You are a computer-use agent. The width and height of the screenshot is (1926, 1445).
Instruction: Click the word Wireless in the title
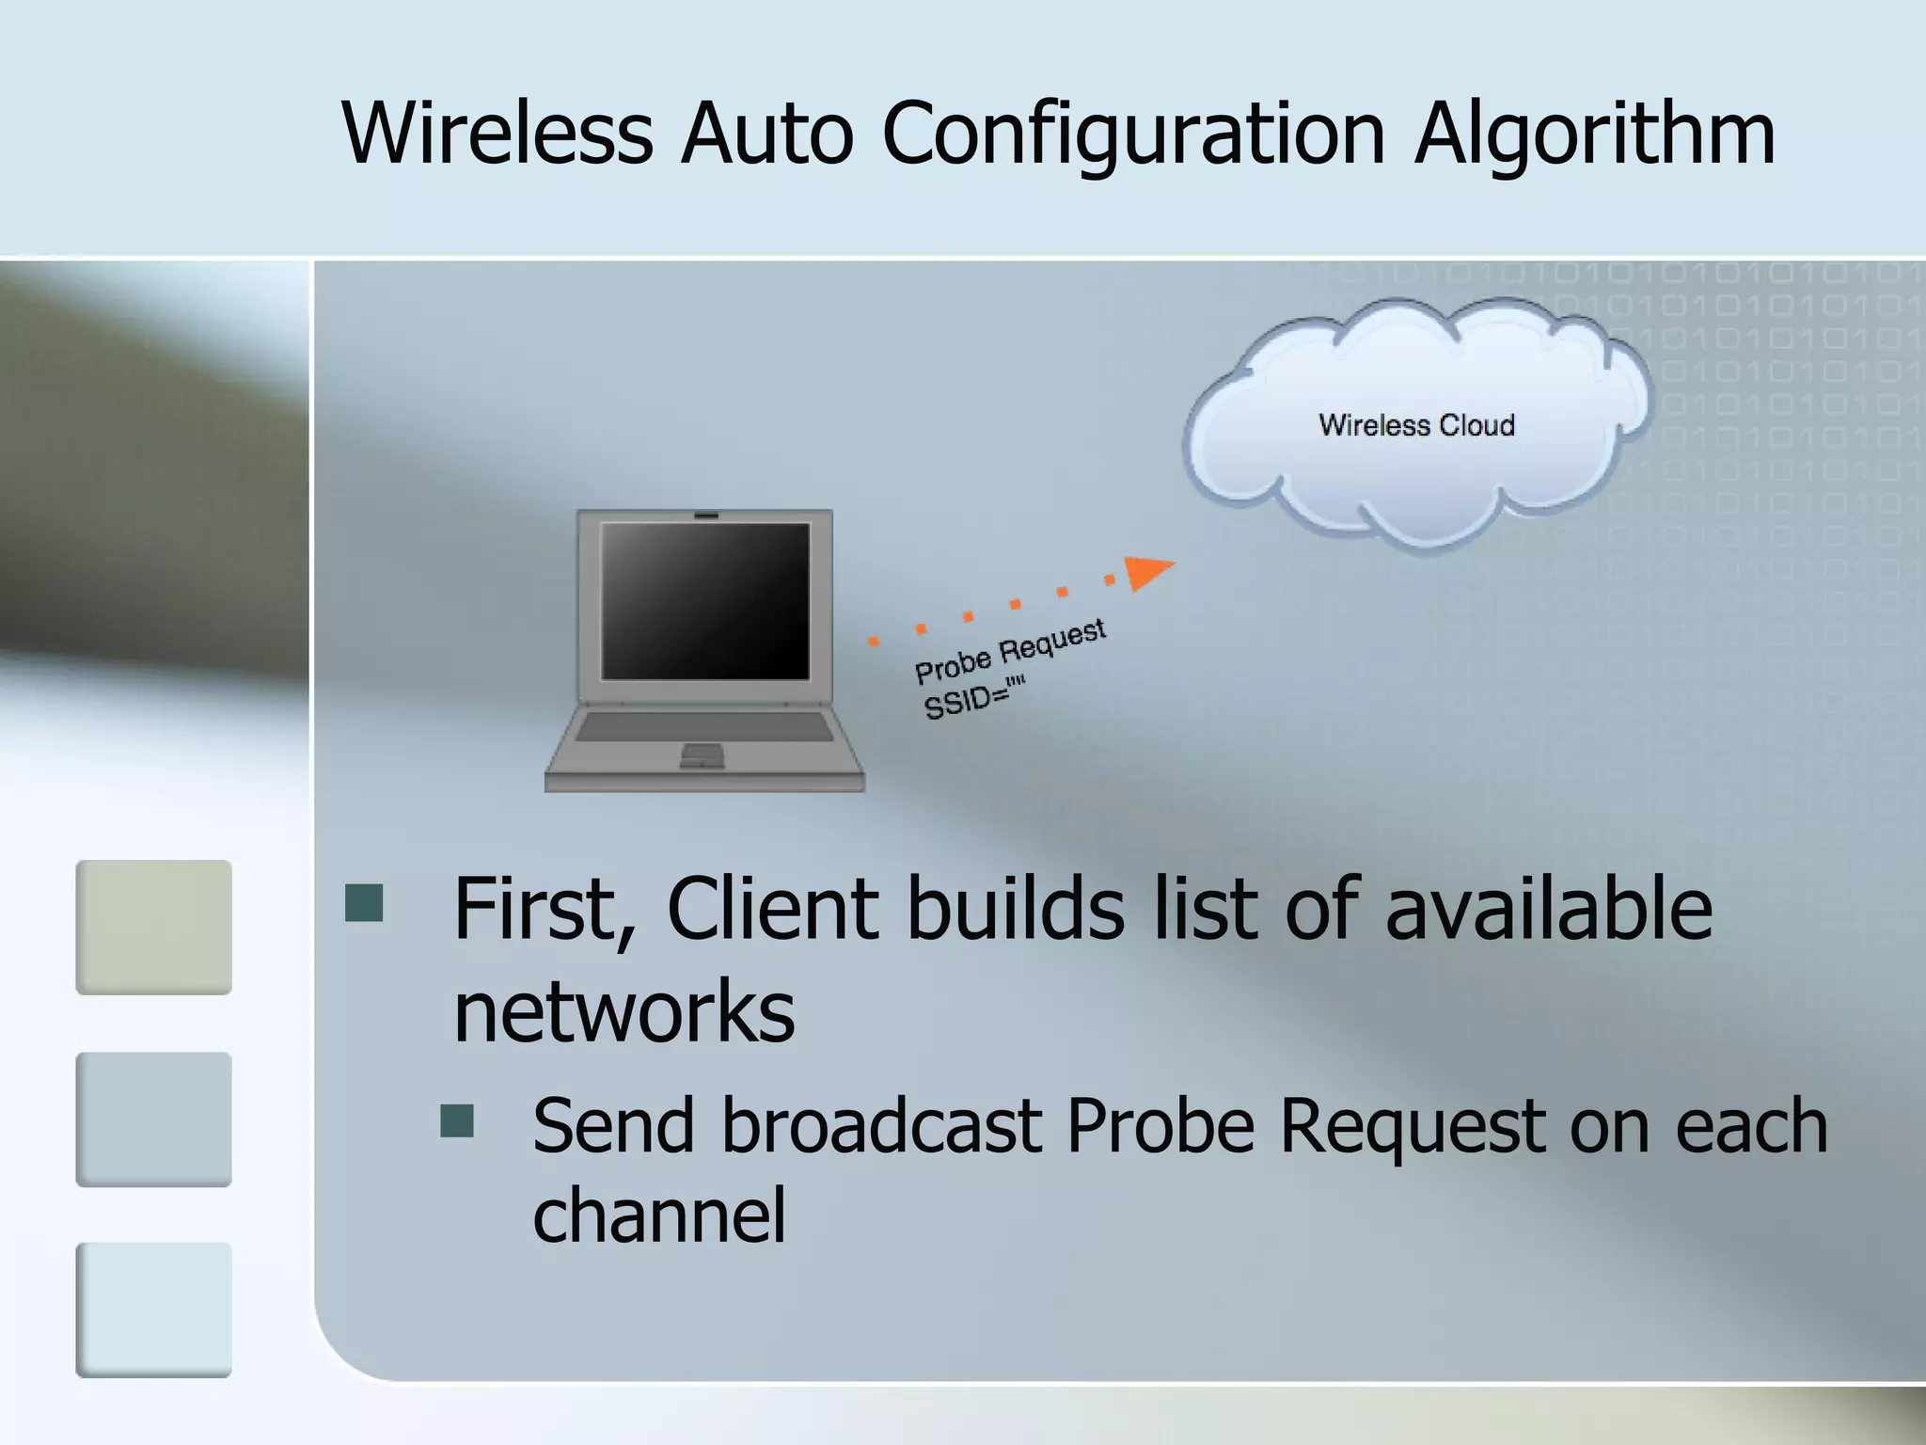click(497, 134)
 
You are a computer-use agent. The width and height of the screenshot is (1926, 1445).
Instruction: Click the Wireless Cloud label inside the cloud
click(1416, 425)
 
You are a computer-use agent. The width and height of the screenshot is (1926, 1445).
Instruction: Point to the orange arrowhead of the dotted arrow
click(1148, 571)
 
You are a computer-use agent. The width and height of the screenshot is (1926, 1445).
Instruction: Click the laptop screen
click(705, 600)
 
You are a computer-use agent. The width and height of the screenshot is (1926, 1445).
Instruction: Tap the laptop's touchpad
click(702, 754)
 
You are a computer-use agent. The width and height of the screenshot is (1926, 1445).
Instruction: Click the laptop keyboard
click(704, 726)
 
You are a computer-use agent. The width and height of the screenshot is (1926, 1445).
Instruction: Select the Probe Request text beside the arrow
click(1010, 651)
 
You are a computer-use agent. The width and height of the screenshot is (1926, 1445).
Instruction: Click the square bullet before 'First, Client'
click(364, 902)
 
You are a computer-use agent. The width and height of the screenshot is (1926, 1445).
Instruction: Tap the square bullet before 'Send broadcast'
click(457, 1120)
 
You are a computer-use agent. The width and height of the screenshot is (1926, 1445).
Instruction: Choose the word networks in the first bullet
click(624, 1012)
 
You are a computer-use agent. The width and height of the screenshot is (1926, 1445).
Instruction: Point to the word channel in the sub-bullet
click(658, 1215)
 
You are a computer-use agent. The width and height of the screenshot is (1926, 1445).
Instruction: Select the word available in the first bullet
click(1548, 909)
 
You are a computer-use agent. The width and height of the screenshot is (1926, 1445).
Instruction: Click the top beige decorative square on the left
click(153, 927)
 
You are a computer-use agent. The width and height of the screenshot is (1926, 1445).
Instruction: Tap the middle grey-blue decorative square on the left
click(153, 1119)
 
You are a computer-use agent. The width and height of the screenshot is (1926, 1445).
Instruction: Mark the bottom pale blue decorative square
click(153, 1310)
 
